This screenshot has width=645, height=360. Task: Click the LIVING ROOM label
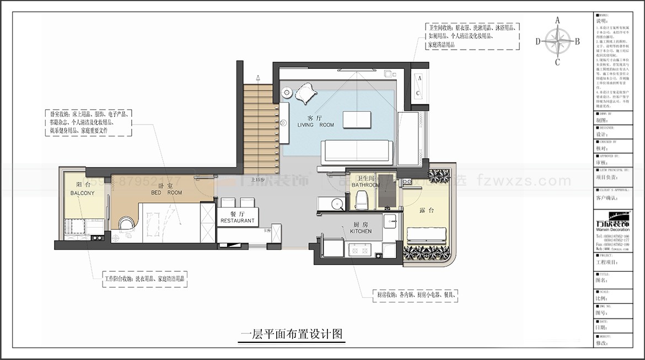coord(316,125)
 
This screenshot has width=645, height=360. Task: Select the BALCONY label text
coord(82,194)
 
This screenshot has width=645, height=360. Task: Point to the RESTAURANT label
coord(238,221)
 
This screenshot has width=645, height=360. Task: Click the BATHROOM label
coord(365,185)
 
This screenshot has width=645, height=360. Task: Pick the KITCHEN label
coord(361,232)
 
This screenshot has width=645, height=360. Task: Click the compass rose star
coord(557,41)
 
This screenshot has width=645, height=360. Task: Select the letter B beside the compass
coord(577,41)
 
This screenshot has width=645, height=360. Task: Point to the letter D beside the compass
coord(538,41)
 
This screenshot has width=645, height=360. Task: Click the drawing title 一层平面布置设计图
coord(292,334)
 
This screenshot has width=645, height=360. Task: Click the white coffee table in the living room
coord(357,119)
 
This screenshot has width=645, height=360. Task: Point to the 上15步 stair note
coord(258,179)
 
